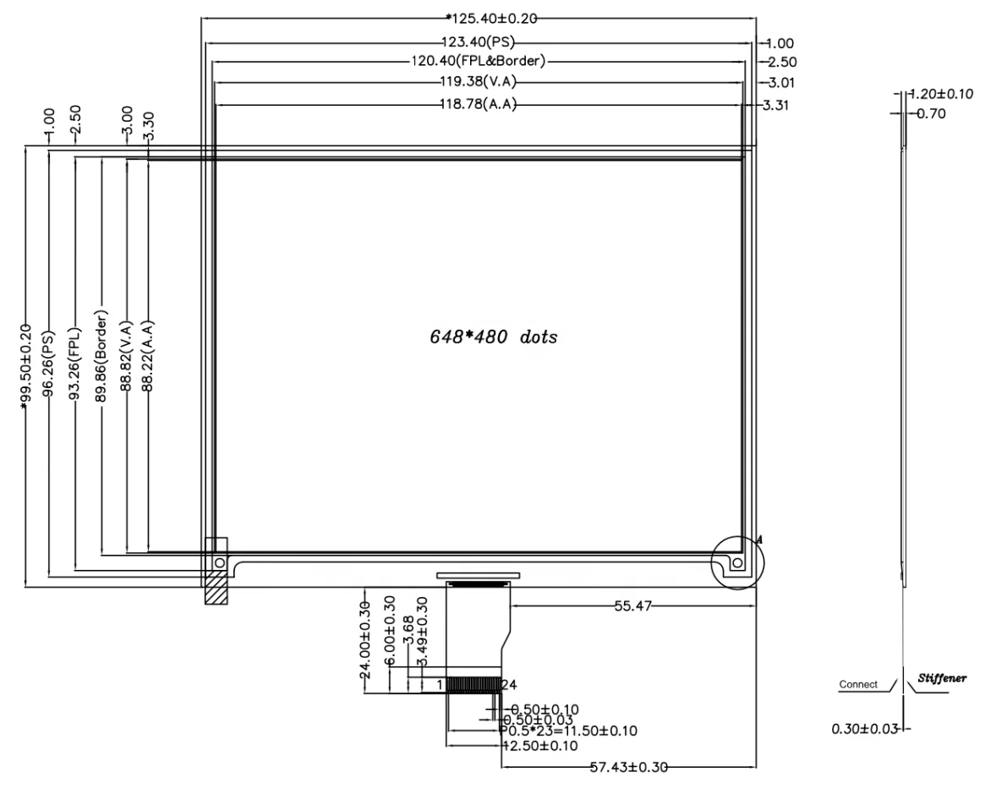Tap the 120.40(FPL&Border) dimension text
click(479, 61)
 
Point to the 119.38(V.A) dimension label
click(478, 82)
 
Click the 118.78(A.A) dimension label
click(478, 104)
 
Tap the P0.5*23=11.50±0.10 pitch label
click(570, 731)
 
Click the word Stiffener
click(942, 678)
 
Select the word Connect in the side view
click(858, 684)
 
